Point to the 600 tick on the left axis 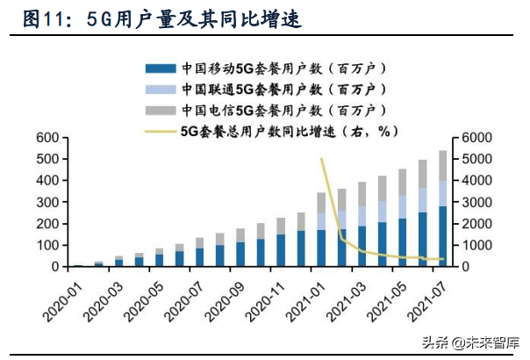(46, 138)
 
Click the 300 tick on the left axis (46, 202)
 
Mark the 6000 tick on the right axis (470, 138)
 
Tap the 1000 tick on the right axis (470, 245)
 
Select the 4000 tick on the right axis (470, 181)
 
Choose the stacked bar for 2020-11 (281, 242)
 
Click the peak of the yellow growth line (322, 159)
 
